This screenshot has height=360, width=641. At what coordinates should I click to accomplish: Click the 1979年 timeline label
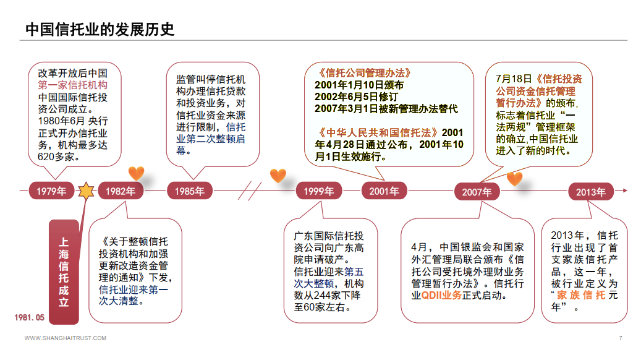coord(51,191)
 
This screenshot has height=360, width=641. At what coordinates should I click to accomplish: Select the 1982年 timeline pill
coord(120,191)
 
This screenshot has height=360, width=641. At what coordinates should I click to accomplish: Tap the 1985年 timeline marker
coord(189,191)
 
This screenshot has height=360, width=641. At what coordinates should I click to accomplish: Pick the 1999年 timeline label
coord(318,191)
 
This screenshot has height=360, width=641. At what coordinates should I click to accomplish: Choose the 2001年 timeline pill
coord(384,191)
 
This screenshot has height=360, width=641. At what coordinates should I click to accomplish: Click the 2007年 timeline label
coord(477,192)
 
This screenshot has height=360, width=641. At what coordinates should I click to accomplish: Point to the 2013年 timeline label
coord(591,192)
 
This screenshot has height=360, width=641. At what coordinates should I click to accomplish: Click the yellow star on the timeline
coord(85,191)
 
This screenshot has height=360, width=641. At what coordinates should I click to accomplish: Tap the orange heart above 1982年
coord(136,173)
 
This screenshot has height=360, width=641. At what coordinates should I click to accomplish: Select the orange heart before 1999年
coord(278,176)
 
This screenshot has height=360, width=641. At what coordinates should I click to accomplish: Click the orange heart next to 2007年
coord(514,179)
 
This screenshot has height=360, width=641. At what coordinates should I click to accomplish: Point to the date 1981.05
coord(30,317)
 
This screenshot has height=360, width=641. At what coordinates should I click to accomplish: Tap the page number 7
coord(620,338)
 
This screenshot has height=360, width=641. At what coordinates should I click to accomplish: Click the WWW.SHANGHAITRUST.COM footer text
coord(66,338)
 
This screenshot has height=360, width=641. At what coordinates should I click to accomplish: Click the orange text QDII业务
coord(441,296)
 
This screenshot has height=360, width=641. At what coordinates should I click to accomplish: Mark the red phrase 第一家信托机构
coord(73,85)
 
